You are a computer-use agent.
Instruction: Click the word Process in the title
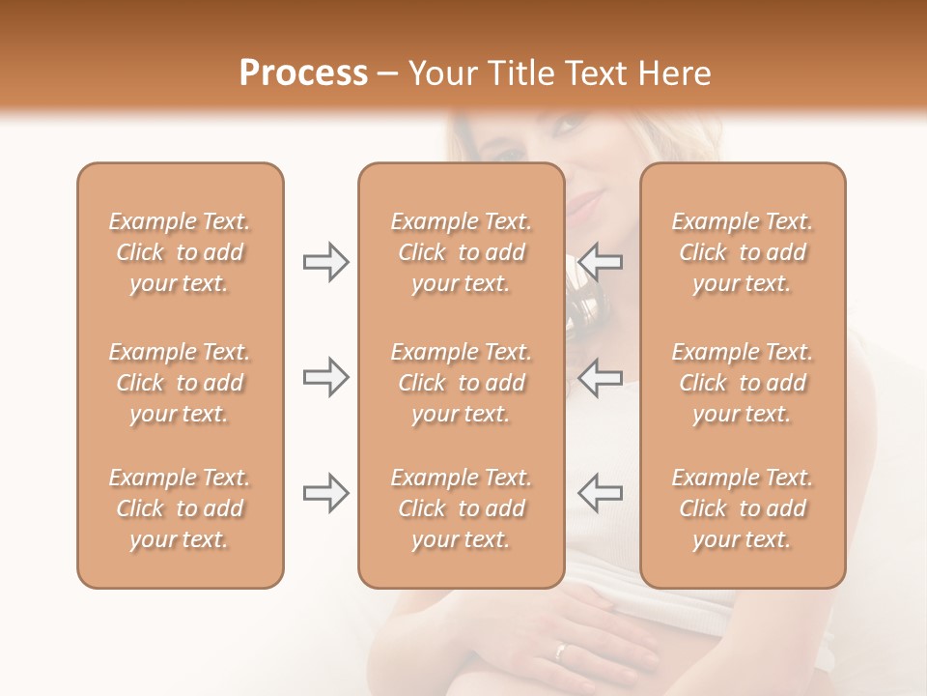coord(303,73)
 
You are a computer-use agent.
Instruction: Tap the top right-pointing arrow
coord(325,262)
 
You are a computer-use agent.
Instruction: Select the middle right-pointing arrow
coord(325,377)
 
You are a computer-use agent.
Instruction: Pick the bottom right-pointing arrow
coord(325,493)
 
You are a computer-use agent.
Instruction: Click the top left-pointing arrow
coord(601,262)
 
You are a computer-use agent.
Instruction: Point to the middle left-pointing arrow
coord(601,377)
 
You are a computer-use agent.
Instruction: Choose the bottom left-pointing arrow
coord(601,493)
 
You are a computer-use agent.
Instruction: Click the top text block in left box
coord(180,252)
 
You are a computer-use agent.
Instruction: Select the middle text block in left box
coord(180,383)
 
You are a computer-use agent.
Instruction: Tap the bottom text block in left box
coord(180,508)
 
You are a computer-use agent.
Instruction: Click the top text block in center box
coord(461,252)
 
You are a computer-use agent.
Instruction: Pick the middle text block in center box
coord(461,383)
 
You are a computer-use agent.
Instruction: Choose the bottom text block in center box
coord(461,508)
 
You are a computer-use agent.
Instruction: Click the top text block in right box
coord(742,252)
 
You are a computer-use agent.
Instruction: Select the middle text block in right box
coord(742,383)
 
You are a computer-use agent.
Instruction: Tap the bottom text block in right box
coord(742,508)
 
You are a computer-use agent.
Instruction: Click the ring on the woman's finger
coord(560,651)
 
